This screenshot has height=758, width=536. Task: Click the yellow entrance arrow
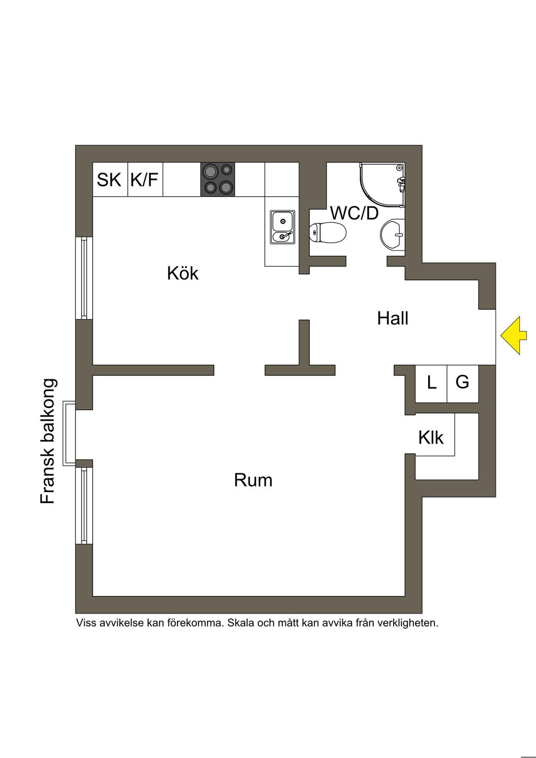coord(512,336)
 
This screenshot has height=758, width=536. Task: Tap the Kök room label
coord(183,273)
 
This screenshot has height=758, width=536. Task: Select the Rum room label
coord(253,480)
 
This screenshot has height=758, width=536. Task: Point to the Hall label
coord(393,318)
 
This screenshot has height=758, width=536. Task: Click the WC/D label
coord(354,213)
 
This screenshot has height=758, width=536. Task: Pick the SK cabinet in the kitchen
coord(109,180)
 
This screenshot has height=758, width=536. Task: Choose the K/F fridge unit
coord(144,180)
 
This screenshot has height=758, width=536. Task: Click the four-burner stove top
coord(218,179)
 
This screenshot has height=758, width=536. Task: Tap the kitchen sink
coord(283,227)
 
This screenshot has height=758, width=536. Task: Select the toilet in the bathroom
coord(328,233)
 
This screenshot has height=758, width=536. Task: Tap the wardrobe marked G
coord(462,382)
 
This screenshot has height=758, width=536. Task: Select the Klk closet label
coord(431,438)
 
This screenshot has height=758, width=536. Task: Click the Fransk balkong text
coord(48,441)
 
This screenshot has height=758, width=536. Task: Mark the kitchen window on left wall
coord(84,278)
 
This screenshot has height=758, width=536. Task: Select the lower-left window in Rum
coord(84,505)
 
